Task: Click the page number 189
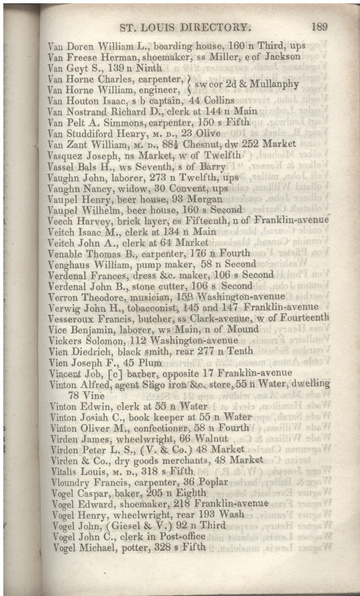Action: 318,26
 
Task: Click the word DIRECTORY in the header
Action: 213,26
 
